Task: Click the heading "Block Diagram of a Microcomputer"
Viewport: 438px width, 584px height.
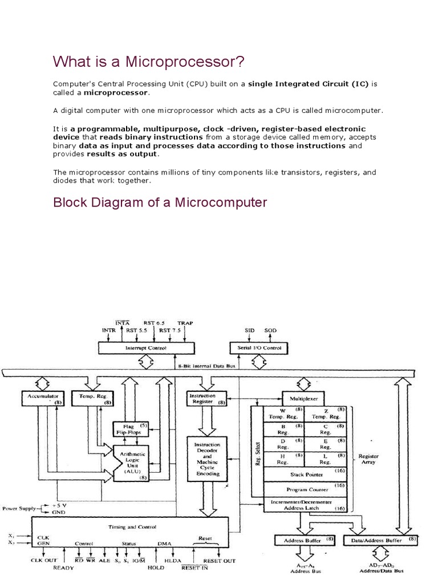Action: (x=160, y=202)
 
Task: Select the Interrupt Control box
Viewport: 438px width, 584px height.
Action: (x=145, y=347)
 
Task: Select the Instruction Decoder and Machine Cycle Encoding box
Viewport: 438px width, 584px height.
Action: (x=206, y=458)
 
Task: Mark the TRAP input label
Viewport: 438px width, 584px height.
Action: (x=185, y=323)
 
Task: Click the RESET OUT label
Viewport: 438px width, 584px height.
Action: (x=220, y=561)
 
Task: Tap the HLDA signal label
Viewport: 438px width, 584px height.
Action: (x=172, y=561)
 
